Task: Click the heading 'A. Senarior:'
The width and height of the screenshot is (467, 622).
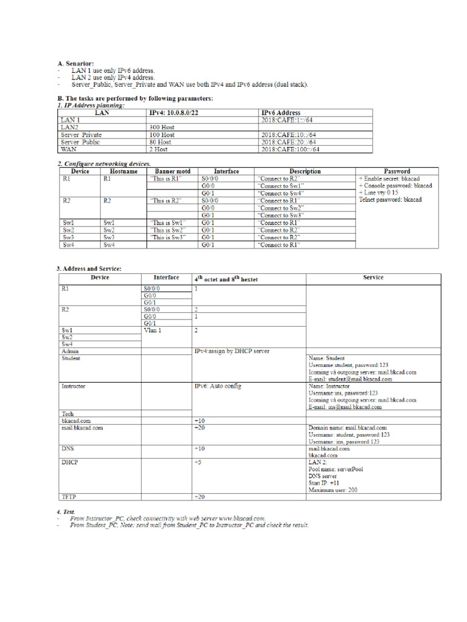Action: (x=75, y=63)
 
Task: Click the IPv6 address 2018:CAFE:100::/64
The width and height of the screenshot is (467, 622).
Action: (x=290, y=149)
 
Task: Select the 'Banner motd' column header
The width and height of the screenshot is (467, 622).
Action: (x=173, y=171)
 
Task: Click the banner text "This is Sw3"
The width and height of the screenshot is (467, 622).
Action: (x=168, y=238)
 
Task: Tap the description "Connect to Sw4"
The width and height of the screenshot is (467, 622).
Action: (x=280, y=194)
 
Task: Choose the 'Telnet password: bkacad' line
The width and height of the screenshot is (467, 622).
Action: (x=390, y=199)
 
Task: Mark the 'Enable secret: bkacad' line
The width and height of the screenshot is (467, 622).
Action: (x=389, y=179)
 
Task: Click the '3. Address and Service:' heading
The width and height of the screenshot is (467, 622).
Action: (x=89, y=268)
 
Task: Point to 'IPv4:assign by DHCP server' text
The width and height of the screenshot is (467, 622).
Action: (x=232, y=351)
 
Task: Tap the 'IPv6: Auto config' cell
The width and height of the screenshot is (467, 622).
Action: (x=217, y=386)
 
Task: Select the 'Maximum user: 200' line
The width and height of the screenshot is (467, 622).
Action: (x=333, y=490)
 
